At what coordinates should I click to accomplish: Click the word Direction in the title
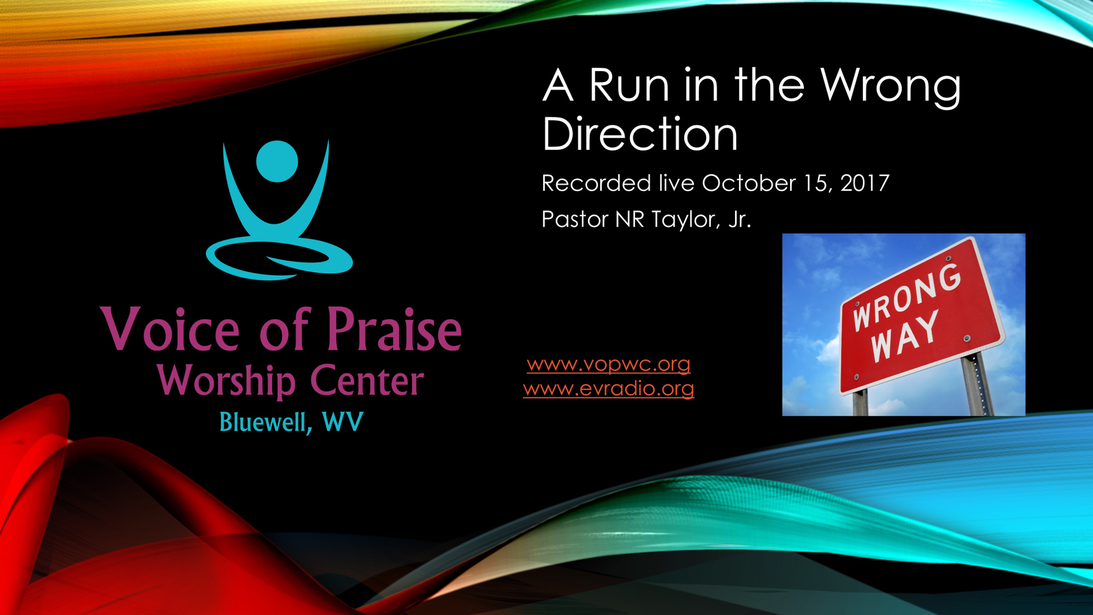[640, 134]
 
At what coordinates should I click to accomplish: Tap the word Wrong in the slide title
[890, 85]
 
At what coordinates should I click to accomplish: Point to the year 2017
[864, 183]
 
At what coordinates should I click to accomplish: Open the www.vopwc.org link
[608, 364]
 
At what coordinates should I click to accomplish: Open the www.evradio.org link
[608, 389]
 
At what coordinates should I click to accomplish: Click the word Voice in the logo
[170, 330]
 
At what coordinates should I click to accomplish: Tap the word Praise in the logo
[394, 330]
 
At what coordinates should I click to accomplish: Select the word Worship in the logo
[226, 380]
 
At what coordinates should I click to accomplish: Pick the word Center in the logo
[367, 380]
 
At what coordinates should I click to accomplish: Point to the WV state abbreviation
[342, 422]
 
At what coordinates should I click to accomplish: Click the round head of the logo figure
[277, 161]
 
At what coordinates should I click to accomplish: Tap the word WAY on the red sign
[904, 337]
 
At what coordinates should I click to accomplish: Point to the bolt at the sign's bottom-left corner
[856, 377]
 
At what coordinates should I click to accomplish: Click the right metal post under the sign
[976, 384]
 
